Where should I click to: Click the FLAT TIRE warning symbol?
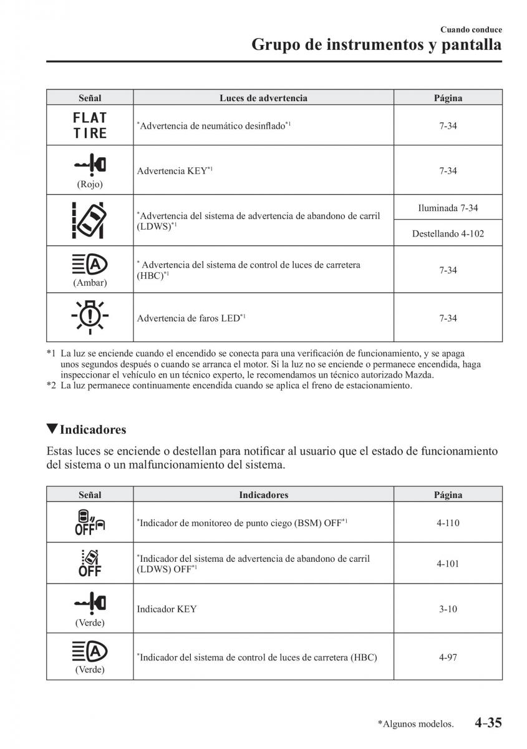click(x=90, y=125)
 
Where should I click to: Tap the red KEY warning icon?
click(x=90, y=164)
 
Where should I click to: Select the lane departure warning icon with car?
click(x=90, y=220)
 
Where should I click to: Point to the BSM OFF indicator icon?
click(x=90, y=522)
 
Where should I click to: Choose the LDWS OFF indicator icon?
click(x=90, y=563)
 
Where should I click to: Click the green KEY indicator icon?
click(x=90, y=602)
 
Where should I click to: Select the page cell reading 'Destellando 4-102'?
click(x=448, y=234)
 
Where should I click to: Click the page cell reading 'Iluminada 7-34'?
click(x=448, y=208)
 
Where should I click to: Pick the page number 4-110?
click(x=448, y=523)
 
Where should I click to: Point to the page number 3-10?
click(x=448, y=609)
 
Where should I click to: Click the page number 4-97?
click(x=448, y=657)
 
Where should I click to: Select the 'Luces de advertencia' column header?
click(x=263, y=98)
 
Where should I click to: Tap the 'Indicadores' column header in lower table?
click(x=263, y=495)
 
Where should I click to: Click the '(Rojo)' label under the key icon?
click(x=90, y=184)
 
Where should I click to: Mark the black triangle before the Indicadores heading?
click(x=52, y=429)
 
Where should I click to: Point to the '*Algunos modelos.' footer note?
click(x=415, y=724)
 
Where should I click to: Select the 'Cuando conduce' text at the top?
click(x=471, y=29)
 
